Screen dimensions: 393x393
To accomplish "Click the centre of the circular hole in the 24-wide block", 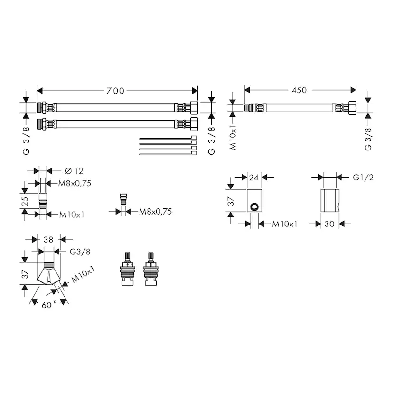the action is coord(254,207).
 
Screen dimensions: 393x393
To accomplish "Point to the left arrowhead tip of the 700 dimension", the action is coord(37,91).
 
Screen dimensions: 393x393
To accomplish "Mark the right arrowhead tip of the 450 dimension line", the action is coord(356,90).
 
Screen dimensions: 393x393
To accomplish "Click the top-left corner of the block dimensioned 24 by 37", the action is coord(247,189).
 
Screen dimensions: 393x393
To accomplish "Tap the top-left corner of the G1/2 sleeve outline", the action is coord(321,189).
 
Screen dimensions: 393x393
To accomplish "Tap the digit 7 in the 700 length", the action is coord(109,91).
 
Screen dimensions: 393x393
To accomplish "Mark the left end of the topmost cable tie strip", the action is coord(140,138).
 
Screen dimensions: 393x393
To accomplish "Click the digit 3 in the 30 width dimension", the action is coord(327,224).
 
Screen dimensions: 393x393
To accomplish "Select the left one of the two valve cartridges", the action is coord(127,269).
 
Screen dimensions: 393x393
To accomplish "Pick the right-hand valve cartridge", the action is coord(150,269).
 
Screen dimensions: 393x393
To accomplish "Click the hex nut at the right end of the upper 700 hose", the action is coord(194,108).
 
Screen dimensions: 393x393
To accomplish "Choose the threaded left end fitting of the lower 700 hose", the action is coord(42,124).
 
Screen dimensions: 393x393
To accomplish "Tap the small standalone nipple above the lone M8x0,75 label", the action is coord(123,199).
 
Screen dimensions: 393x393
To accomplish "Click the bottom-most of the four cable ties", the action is coord(168,153).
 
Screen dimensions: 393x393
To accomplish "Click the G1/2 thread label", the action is coord(363,178).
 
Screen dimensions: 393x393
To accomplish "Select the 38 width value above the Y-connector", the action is coord(48,240).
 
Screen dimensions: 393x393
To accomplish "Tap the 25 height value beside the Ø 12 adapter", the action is coord(25,201).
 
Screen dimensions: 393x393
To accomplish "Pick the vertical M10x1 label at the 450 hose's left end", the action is coord(233,137).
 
